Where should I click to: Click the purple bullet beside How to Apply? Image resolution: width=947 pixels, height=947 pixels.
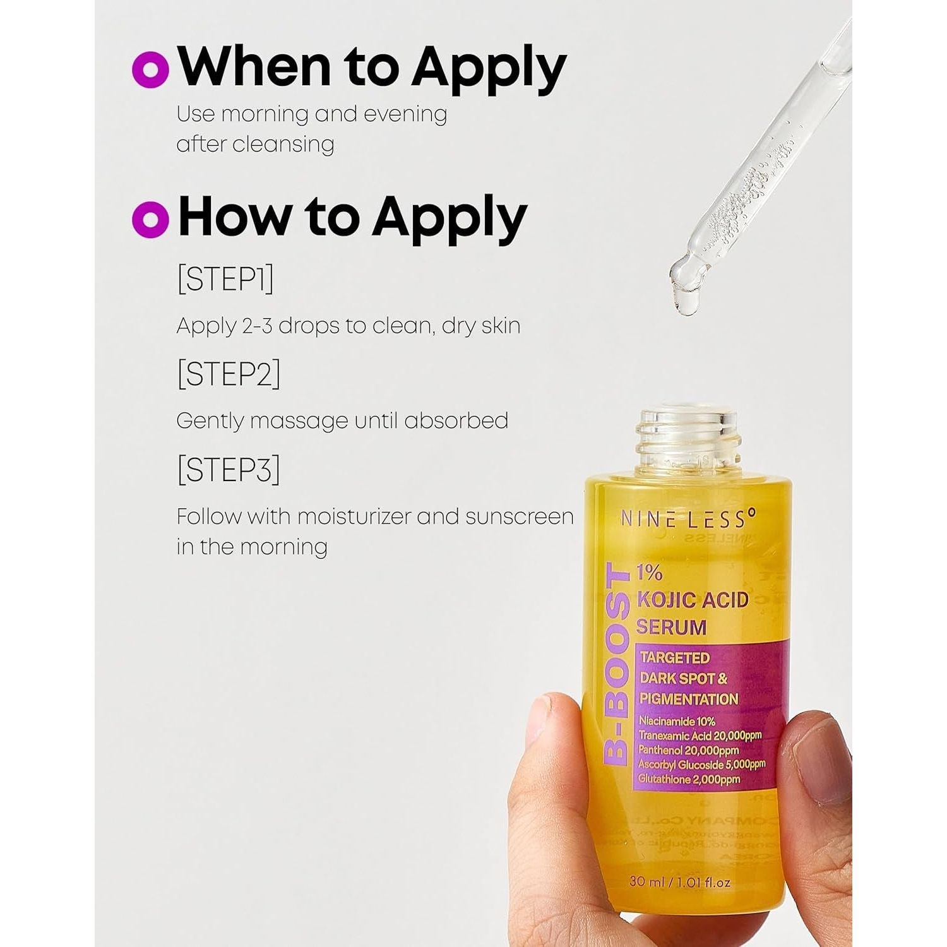[x=150, y=218]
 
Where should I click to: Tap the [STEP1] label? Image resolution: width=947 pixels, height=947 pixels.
[x=225, y=279]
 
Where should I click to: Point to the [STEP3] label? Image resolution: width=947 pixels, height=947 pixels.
[x=229, y=469]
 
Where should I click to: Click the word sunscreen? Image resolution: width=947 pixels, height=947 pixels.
[x=519, y=517]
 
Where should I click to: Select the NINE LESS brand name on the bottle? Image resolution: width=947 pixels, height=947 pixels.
[x=688, y=519]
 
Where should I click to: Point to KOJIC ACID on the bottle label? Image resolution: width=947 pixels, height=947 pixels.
[x=693, y=600]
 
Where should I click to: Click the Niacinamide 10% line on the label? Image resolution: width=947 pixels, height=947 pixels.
[x=677, y=721]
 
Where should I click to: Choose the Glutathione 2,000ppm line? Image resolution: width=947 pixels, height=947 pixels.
[x=689, y=780]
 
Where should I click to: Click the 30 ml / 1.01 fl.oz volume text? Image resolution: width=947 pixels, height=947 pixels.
[x=679, y=881]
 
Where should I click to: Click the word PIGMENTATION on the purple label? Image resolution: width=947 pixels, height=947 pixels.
[x=689, y=699]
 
